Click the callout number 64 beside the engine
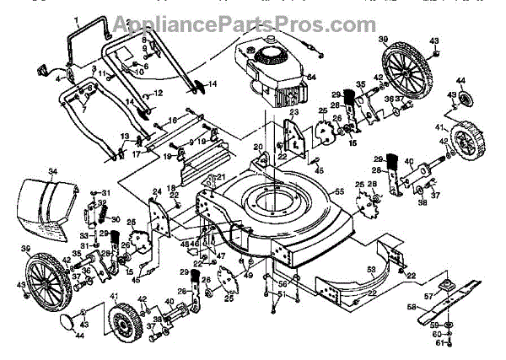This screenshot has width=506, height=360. click(x=310, y=78)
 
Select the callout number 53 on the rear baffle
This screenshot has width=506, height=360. click(x=369, y=269)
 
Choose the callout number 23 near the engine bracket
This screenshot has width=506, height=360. click(x=295, y=112)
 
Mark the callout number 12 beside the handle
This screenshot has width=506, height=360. click(x=157, y=93)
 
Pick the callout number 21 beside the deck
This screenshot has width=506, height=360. click(x=221, y=177)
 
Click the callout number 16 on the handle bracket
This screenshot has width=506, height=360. click(x=174, y=121)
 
